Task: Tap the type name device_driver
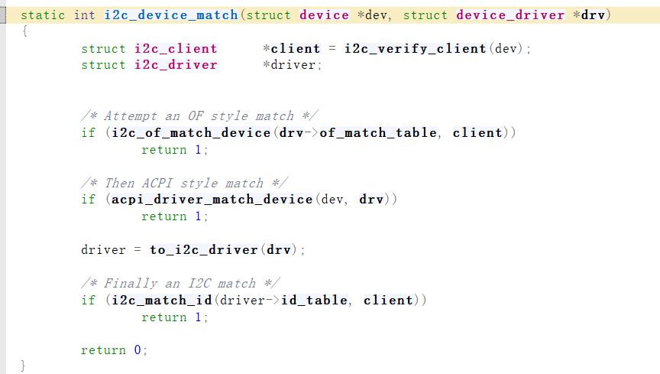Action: [x=511, y=15]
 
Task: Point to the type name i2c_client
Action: [x=176, y=49]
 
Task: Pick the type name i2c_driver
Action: [x=176, y=66]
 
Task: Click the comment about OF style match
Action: [x=199, y=116]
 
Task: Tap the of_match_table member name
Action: [x=378, y=133]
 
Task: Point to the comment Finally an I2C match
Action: [x=180, y=284]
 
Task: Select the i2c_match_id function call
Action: [x=161, y=300]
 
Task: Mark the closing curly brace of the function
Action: [x=23, y=366]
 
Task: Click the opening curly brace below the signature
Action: [x=23, y=31]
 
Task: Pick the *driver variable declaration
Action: [x=293, y=66]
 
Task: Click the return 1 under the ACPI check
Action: [x=174, y=216]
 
